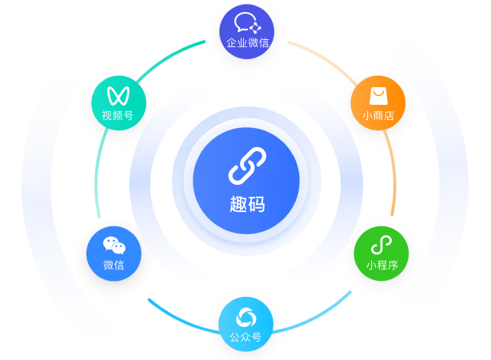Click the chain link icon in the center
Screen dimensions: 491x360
pyautogui.click(x=247, y=166)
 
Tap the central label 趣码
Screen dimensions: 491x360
pyautogui.click(x=247, y=204)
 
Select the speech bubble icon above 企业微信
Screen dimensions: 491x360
pyautogui.click(x=247, y=23)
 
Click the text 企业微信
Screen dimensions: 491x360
pyautogui.click(x=247, y=42)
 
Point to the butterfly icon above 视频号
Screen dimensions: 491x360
pyautogui.click(x=118, y=95)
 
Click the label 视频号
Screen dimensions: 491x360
pyautogui.click(x=118, y=115)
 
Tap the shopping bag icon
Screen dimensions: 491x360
pyautogui.click(x=378, y=96)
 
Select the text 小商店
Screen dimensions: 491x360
pyautogui.click(x=378, y=116)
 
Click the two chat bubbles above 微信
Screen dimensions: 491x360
pyautogui.click(x=114, y=246)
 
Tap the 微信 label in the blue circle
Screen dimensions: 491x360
pyautogui.click(x=114, y=265)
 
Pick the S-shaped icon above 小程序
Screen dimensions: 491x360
pyautogui.click(x=381, y=245)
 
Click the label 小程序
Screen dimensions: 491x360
pyautogui.click(x=382, y=265)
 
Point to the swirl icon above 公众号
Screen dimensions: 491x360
pyautogui.click(x=246, y=317)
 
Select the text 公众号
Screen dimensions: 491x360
pyautogui.click(x=245, y=337)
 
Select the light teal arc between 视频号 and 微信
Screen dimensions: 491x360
pyautogui.click(x=97, y=172)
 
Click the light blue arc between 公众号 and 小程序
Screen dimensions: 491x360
pyautogui.click(x=316, y=318)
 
